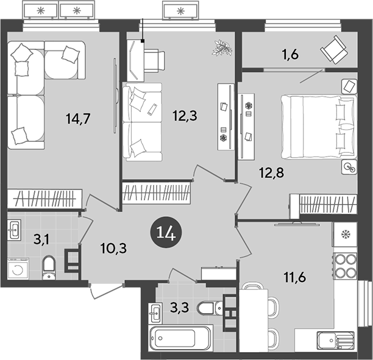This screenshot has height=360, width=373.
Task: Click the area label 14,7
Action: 78,119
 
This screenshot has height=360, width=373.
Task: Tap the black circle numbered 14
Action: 166,233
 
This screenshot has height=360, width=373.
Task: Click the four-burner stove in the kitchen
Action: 345,266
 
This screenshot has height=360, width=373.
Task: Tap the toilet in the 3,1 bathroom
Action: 49,266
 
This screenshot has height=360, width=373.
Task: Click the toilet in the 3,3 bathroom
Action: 210,308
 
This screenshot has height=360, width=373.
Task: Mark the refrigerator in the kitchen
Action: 345,235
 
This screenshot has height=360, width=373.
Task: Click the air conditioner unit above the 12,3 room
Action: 181,11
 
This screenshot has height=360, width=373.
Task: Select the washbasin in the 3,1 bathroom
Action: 15,230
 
